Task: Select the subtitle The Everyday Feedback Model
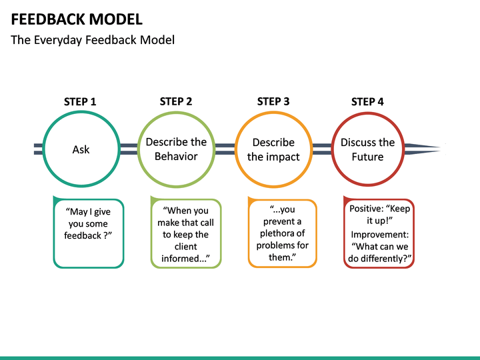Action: (x=93, y=40)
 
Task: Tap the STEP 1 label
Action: (x=80, y=102)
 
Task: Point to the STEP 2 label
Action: (x=176, y=101)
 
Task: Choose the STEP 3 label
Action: (x=273, y=101)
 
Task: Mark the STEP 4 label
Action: (x=367, y=102)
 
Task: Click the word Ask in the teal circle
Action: (x=81, y=149)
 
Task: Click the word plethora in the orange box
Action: (x=282, y=233)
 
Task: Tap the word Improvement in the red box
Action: (x=379, y=235)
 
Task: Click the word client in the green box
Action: (x=185, y=247)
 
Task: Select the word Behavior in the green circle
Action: (x=176, y=157)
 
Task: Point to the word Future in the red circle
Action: (x=367, y=157)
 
